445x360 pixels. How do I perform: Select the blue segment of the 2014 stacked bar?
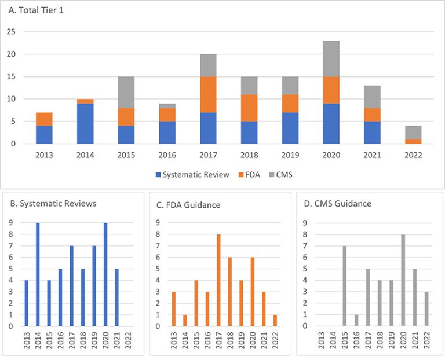tap(85, 123)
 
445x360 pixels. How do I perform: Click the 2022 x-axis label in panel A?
tap(413, 155)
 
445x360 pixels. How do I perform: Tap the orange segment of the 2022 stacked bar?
tap(413, 141)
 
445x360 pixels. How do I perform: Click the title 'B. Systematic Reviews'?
tap(50, 203)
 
